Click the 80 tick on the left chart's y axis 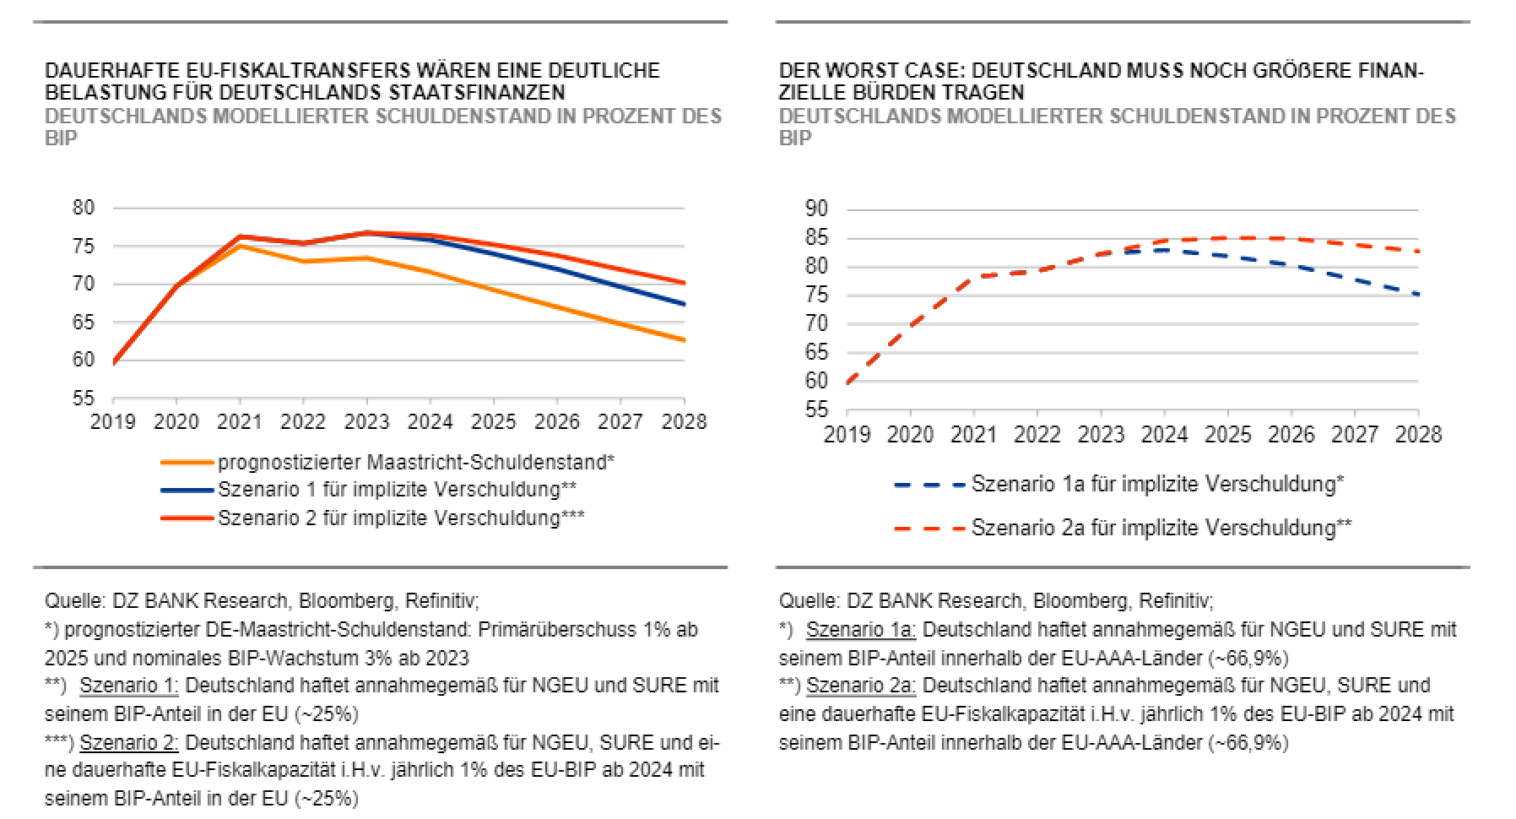(x=83, y=208)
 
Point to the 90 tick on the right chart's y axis (x=816, y=209)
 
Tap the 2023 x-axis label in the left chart (x=367, y=421)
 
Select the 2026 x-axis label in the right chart (x=1291, y=434)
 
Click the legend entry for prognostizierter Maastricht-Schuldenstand (x=415, y=463)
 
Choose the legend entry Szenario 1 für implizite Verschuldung (x=397, y=490)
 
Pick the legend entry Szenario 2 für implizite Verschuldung (x=401, y=517)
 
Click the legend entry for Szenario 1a (x=1156, y=485)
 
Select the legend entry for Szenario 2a (x=1161, y=528)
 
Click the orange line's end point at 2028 (x=684, y=340)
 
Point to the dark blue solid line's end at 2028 (x=684, y=304)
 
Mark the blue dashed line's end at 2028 (x=1418, y=295)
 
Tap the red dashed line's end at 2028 (x=1418, y=252)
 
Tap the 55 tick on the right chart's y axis (x=816, y=410)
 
